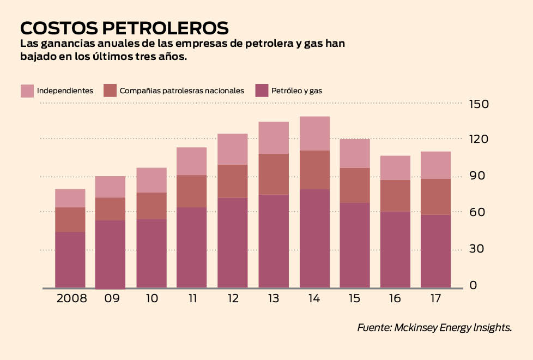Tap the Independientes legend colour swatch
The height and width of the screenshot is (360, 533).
click(27, 91)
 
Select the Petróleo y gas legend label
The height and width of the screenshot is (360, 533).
click(296, 91)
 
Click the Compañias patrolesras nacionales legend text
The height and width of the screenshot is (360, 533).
click(182, 91)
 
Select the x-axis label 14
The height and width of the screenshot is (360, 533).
click(314, 298)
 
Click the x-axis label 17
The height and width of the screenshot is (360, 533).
click(435, 298)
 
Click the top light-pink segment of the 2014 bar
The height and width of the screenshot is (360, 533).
click(314, 133)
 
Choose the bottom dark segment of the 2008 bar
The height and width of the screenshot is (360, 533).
click(70, 260)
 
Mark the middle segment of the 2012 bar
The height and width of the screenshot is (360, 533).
click(233, 181)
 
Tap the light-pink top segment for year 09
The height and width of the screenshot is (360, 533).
click(110, 187)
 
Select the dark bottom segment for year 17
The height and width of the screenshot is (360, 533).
click(435, 251)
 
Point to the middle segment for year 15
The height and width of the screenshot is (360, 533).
click(355, 185)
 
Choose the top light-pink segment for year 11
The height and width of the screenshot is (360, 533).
click(192, 161)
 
